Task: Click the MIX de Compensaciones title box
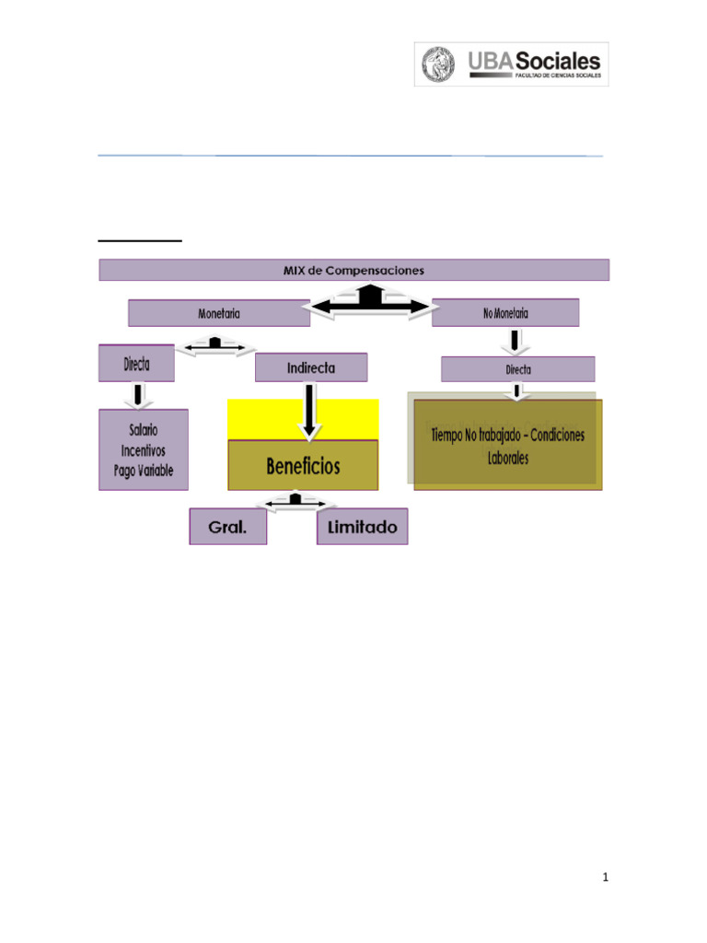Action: click(x=353, y=270)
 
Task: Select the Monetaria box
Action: click(x=219, y=313)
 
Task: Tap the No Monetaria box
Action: click(x=505, y=313)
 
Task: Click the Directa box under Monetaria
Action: click(x=136, y=364)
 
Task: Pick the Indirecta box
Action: click(x=311, y=367)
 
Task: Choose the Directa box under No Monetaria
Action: click(x=517, y=369)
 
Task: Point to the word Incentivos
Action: click(x=143, y=451)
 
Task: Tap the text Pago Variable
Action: click(x=137, y=471)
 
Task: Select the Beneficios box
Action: click(x=303, y=466)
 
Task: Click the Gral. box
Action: click(x=227, y=528)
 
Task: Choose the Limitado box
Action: click(x=362, y=528)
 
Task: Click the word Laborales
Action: click(x=508, y=458)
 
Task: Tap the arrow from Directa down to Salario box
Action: click(x=138, y=395)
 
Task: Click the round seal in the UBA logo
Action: click(x=439, y=64)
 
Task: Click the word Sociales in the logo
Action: click(x=556, y=61)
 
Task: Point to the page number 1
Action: click(x=605, y=878)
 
